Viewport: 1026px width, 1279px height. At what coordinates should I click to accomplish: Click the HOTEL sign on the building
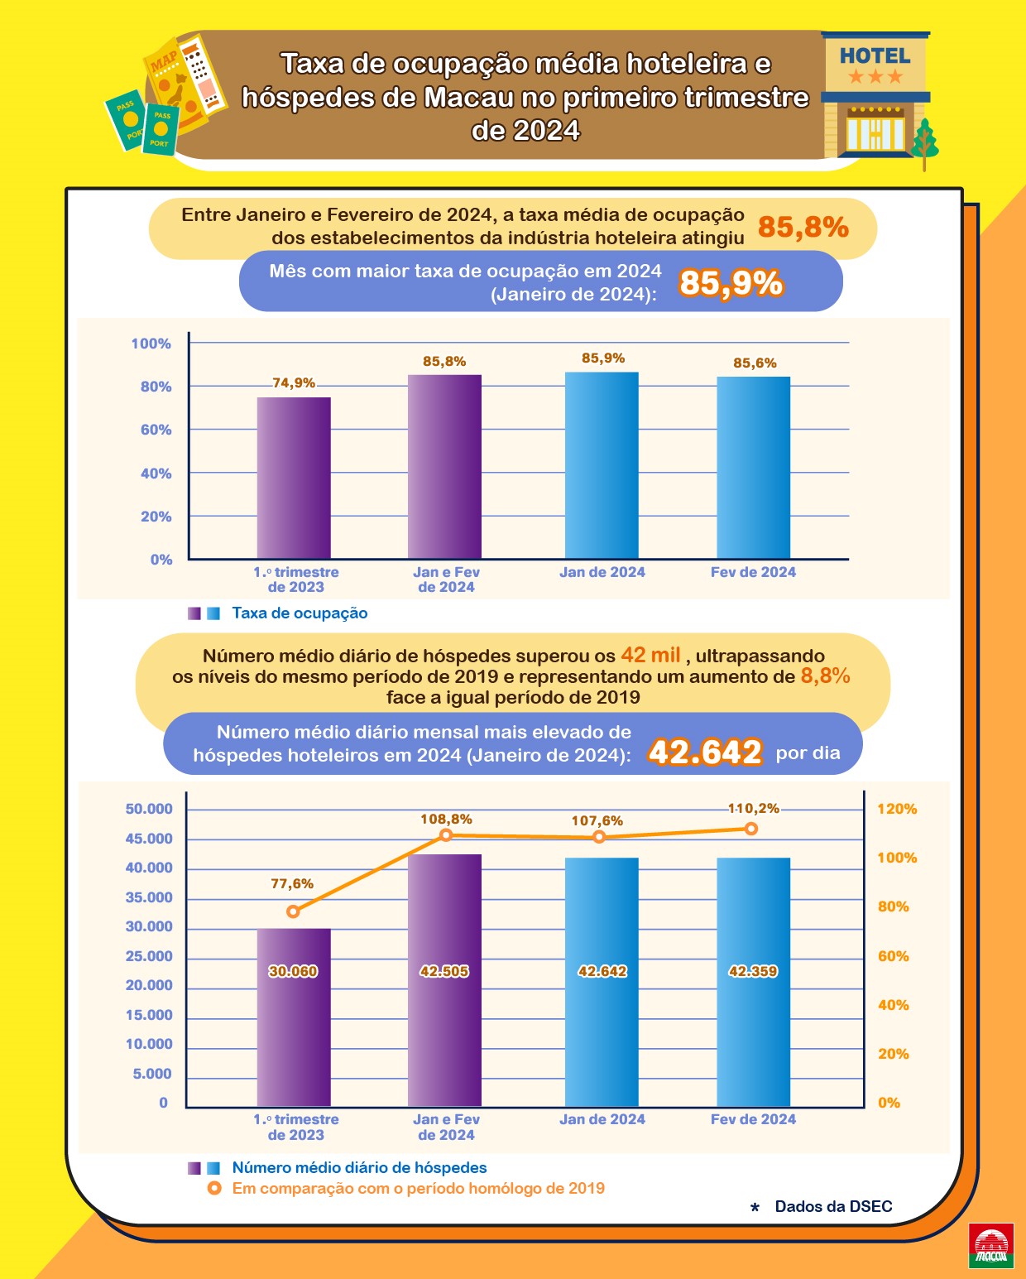(x=875, y=56)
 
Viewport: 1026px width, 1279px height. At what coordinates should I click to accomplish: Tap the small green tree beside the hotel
(x=924, y=142)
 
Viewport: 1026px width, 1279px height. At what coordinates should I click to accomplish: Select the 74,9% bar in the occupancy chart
(x=294, y=478)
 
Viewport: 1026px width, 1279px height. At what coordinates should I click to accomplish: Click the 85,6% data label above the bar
(x=755, y=363)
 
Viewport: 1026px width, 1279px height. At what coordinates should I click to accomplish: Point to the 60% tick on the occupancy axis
(x=156, y=430)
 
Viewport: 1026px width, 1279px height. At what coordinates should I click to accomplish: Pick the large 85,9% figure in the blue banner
(x=731, y=283)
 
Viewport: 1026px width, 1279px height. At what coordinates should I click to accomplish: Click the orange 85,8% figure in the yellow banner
(x=803, y=227)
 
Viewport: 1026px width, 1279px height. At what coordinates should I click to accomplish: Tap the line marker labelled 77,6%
(x=293, y=911)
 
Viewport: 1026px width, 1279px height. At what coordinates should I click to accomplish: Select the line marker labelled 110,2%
(x=751, y=829)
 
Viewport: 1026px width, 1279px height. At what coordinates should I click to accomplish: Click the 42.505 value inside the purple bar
(x=444, y=971)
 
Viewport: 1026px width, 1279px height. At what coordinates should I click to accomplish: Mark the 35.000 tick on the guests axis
(x=149, y=897)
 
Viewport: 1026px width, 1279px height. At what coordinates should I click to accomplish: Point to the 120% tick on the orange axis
(x=897, y=809)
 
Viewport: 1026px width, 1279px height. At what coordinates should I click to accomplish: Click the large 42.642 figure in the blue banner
(x=705, y=752)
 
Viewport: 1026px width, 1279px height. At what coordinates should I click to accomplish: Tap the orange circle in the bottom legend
(x=214, y=1189)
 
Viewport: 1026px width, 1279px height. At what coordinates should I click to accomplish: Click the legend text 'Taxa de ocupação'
(x=300, y=613)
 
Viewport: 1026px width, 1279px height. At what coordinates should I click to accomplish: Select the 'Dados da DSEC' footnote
(x=833, y=1206)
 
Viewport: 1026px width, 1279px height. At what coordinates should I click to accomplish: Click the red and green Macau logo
(x=991, y=1246)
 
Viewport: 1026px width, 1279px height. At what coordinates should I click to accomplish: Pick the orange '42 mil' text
(x=650, y=655)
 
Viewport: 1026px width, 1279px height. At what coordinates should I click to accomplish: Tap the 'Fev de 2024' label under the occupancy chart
(x=753, y=572)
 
